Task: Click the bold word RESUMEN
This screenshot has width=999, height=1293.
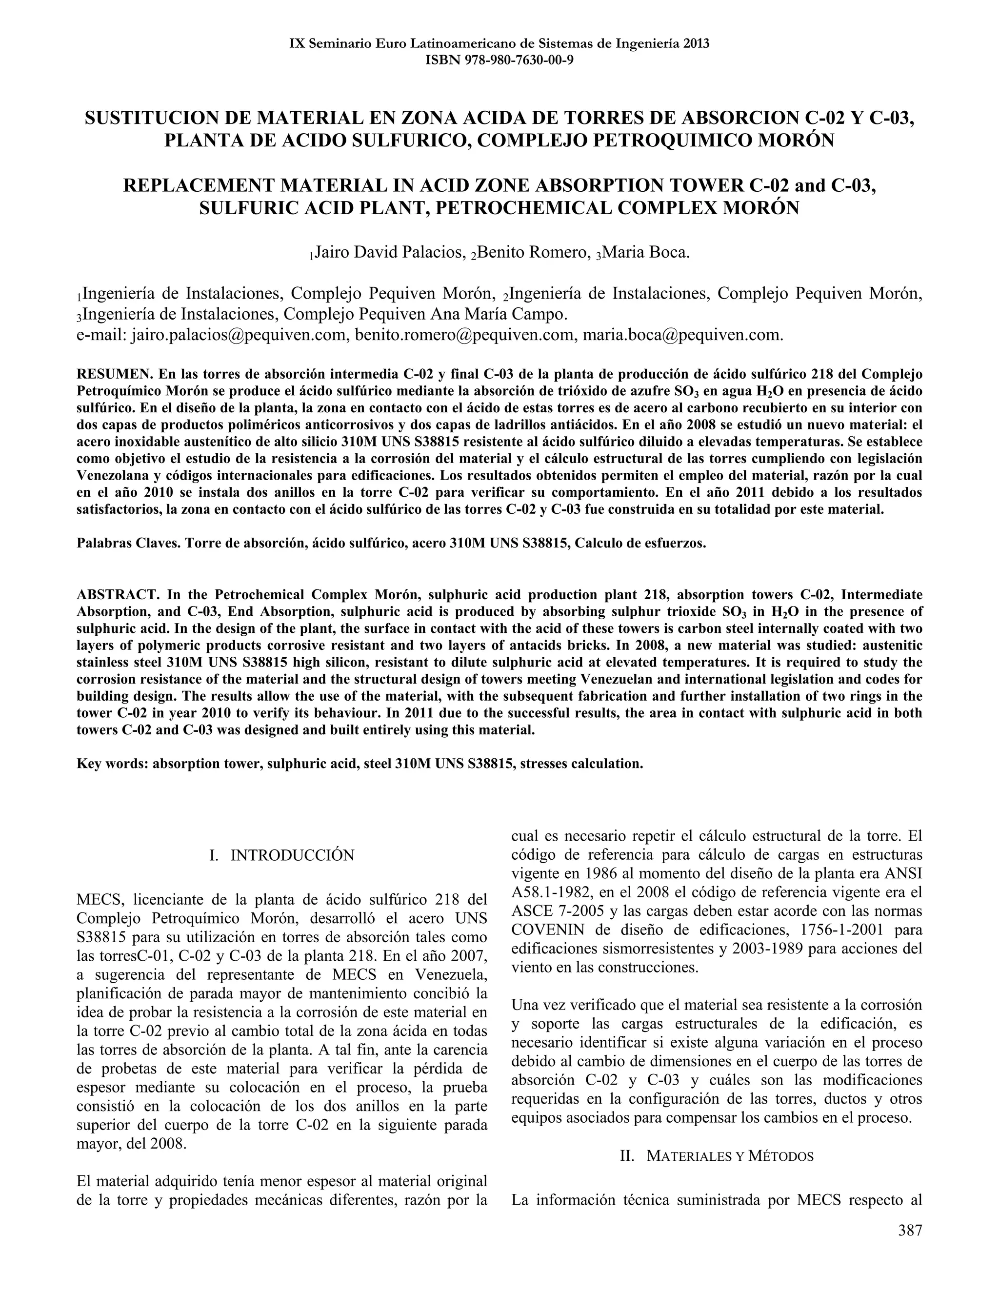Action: click(115, 374)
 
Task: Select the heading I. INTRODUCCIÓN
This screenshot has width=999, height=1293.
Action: click(282, 855)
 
